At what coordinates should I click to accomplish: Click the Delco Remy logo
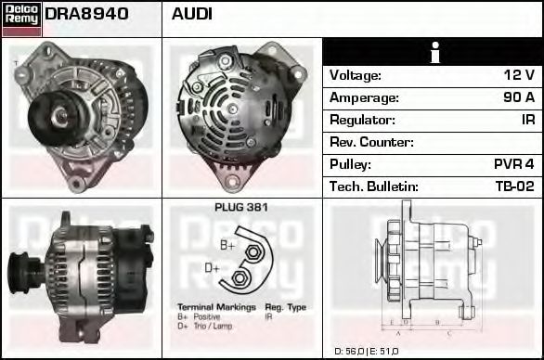coord(21,18)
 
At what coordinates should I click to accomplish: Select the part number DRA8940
coord(86,14)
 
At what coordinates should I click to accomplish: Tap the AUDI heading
coord(192,14)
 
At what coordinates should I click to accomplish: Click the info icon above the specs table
coord(433,52)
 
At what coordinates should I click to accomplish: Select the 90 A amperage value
coord(517,97)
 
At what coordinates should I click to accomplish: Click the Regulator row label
coord(362,120)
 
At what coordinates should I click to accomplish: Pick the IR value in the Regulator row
coord(527,120)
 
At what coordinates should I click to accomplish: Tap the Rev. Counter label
coord(371,142)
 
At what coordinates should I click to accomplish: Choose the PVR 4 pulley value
coord(513,164)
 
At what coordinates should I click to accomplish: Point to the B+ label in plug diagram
coord(227,245)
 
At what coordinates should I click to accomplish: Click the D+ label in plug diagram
coord(212,269)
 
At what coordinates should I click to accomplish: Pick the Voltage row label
coord(356,75)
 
